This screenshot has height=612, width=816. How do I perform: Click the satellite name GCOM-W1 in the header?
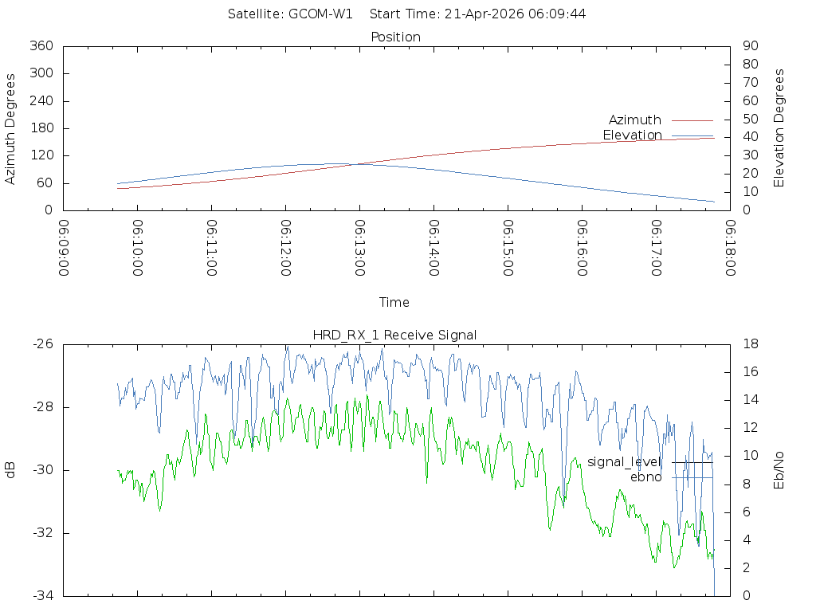click(320, 14)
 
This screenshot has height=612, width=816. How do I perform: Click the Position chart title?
click(396, 37)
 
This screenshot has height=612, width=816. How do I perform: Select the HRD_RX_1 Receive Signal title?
click(396, 335)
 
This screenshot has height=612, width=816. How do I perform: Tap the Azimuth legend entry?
click(635, 120)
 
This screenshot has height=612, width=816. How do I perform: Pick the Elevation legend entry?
click(632, 135)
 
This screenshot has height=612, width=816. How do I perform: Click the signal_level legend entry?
click(624, 462)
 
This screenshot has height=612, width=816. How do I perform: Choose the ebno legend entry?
click(645, 477)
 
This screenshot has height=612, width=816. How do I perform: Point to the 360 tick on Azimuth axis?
click(40, 46)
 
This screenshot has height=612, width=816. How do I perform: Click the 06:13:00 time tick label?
click(359, 247)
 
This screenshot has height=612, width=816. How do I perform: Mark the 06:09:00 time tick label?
click(64, 247)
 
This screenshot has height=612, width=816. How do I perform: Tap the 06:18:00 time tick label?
click(729, 247)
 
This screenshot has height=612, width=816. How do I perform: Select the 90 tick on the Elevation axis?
click(749, 46)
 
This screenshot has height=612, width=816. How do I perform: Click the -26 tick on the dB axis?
click(41, 344)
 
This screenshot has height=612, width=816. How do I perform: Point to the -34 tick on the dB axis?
click(41, 595)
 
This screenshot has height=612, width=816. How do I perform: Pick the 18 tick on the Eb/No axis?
click(749, 344)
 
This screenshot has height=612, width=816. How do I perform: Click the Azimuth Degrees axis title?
click(11, 128)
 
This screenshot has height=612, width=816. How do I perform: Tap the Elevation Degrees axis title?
click(779, 128)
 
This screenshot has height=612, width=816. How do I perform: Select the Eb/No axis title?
click(779, 470)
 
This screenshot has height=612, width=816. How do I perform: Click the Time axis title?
click(394, 302)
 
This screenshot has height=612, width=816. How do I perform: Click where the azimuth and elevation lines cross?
click(359, 163)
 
